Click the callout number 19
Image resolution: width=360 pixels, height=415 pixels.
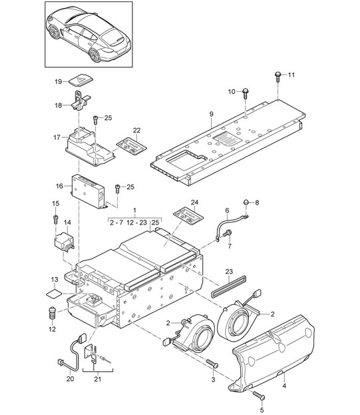(58, 81)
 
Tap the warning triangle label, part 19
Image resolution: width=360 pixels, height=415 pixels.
(81, 79)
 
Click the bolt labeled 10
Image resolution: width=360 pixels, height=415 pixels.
(245, 93)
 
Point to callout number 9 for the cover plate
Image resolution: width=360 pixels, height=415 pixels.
(211, 114)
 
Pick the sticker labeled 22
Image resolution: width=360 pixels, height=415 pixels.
(132, 145)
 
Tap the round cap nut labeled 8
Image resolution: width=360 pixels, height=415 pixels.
(246, 203)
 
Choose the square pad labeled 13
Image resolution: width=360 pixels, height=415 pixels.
(54, 293)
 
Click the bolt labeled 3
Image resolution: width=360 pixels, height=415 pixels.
(212, 363)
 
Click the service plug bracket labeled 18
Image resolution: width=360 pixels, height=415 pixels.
(81, 101)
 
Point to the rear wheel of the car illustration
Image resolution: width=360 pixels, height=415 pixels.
(94, 55)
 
